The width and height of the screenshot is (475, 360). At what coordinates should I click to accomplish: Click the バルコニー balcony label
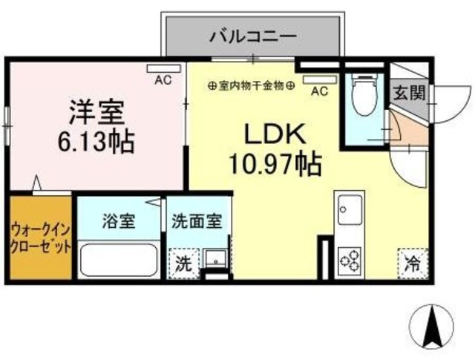pos(253,35)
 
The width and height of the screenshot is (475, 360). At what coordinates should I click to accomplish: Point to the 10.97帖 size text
pos(275,162)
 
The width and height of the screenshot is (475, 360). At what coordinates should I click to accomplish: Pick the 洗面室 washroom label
pos(196,220)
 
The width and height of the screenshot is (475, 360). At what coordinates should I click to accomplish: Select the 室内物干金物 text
pos(252,85)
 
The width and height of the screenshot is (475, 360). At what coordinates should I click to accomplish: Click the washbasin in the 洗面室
pos(216,258)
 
